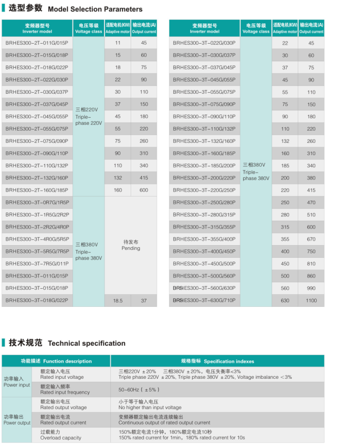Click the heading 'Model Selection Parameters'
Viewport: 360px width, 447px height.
click(x=95, y=9)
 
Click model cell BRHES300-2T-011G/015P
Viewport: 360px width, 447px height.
click(x=37, y=43)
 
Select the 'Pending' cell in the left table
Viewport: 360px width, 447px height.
click(x=131, y=245)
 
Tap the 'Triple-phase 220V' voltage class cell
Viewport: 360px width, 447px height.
click(x=88, y=116)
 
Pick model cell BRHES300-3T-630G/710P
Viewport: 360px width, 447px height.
click(x=204, y=300)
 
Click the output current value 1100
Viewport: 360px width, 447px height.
click(x=311, y=300)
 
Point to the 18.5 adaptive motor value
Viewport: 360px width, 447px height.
click(x=117, y=300)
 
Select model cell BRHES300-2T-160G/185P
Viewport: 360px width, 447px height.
click(x=37, y=190)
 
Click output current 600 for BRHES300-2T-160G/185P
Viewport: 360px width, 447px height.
click(x=143, y=190)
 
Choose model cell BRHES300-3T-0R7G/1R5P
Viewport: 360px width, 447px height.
click(x=37, y=202)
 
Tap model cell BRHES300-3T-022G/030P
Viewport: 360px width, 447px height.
click(x=204, y=43)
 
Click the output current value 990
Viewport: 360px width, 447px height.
click(x=311, y=288)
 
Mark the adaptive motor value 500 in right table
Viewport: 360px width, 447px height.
click(x=285, y=276)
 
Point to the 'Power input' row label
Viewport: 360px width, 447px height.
click(x=17, y=381)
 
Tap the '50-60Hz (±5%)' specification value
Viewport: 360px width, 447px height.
click(x=139, y=389)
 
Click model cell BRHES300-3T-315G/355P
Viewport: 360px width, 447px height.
click(x=204, y=227)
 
